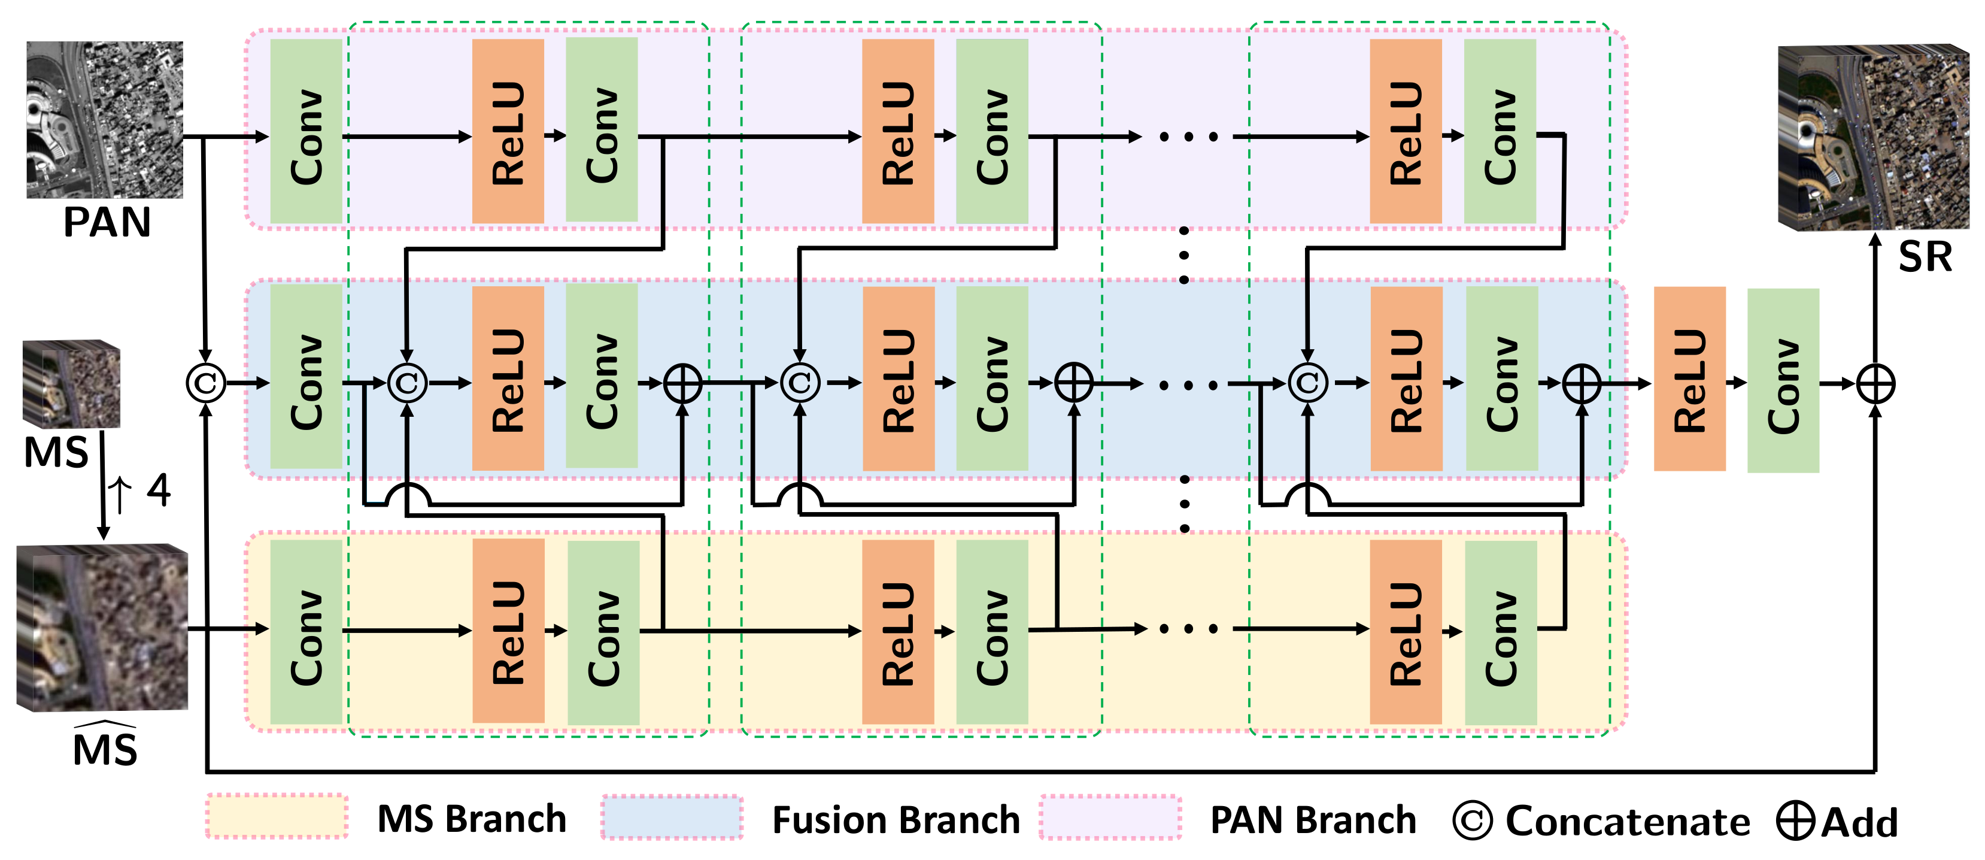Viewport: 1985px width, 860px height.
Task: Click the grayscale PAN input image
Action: (x=105, y=119)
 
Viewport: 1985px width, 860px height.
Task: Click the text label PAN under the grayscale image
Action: (x=107, y=223)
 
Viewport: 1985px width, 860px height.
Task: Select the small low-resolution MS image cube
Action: (x=71, y=383)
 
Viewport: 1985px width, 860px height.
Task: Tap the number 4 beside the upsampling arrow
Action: (x=158, y=490)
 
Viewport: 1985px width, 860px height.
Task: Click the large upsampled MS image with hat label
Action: (x=102, y=628)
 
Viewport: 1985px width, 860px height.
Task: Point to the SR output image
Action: (x=1872, y=137)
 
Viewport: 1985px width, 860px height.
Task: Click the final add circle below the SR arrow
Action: (x=1875, y=384)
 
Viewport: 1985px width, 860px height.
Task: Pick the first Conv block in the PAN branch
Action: (x=306, y=132)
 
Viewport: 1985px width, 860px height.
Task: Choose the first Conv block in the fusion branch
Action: (x=306, y=377)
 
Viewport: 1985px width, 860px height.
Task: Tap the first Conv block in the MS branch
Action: (x=306, y=632)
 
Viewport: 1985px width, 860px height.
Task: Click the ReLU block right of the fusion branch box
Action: (x=1689, y=379)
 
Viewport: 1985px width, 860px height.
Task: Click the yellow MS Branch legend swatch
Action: (x=277, y=817)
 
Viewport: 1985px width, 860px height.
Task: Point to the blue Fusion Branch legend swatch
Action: (x=672, y=817)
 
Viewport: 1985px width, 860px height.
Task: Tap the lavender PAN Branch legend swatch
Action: (x=1110, y=817)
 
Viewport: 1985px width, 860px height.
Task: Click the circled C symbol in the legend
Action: (x=1472, y=822)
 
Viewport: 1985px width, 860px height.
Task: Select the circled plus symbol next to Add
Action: (x=1795, y=822)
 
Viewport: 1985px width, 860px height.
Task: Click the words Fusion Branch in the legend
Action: (x=896, y=820)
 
